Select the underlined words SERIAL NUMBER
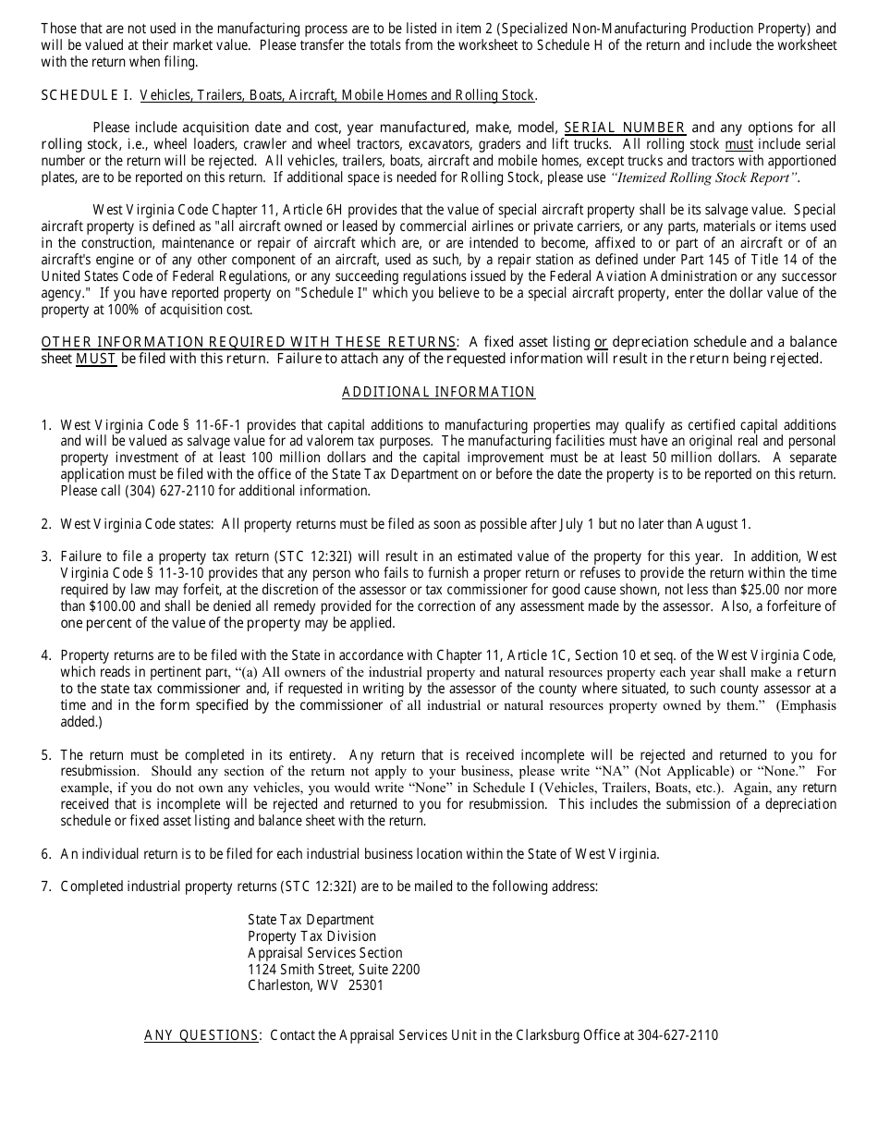click(x=625, y=128)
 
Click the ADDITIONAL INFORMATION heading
click(x=438, y=392)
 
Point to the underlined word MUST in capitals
click(x=96, y=359)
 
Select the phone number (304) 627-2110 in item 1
click(x=135, y=491)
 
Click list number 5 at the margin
click(x=45, y=755)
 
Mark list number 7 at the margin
click(x=45, y=886)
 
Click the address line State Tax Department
click(x=311, y=920)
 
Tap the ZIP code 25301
click(x=366, y=985)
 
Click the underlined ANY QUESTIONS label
click(x=201, y=1035)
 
